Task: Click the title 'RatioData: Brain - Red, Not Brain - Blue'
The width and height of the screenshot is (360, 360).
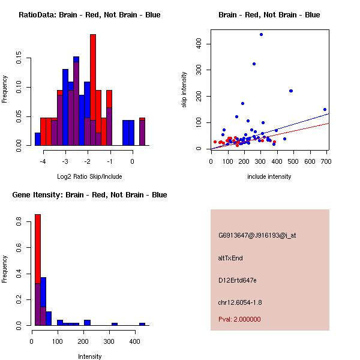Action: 89,15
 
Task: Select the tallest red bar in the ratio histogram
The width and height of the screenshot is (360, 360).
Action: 93,90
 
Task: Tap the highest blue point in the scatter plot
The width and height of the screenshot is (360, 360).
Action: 261,34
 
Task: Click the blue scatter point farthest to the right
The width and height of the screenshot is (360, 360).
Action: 325,110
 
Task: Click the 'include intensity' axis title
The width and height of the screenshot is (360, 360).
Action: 269,176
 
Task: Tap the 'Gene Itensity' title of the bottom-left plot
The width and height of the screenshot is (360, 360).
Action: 89,195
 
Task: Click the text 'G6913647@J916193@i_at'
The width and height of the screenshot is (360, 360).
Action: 257,235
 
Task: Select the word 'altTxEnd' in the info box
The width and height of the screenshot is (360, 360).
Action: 230,258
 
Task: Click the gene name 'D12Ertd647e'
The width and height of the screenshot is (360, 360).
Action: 238,280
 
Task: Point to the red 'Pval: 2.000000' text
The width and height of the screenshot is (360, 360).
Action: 239,319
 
